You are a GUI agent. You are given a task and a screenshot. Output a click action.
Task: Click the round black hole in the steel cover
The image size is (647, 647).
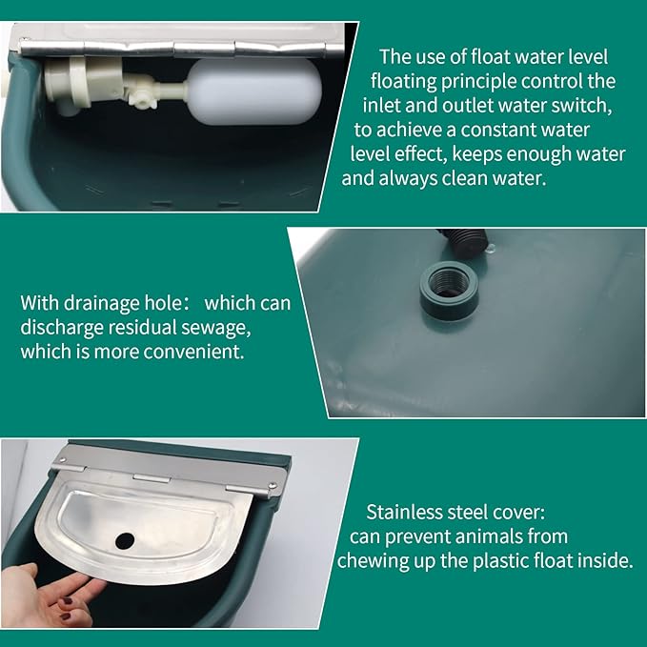[x=125, y=539]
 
